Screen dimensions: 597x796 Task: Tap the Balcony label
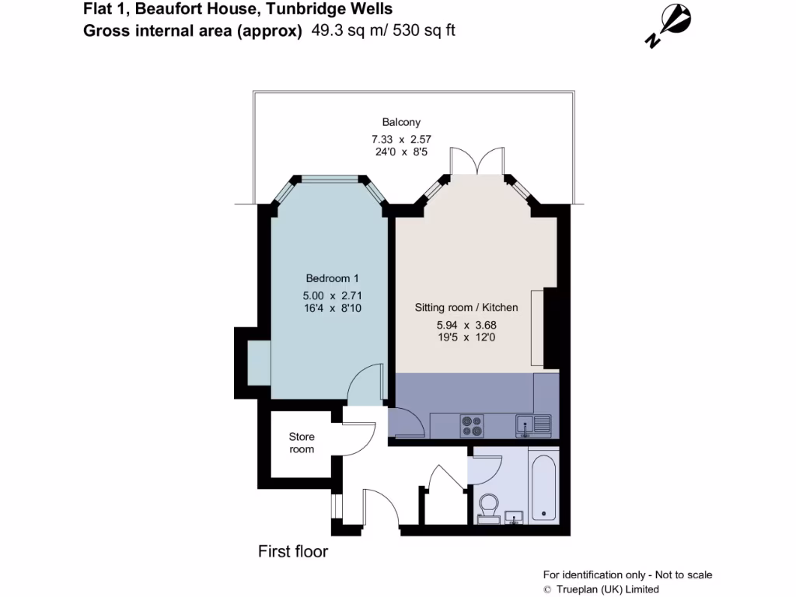401,122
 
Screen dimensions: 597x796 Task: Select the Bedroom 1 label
332,278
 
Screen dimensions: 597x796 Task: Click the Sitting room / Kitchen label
466,308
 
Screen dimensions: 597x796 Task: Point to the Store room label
302,443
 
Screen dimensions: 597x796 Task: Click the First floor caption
293,552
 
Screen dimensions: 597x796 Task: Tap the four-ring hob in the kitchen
472,425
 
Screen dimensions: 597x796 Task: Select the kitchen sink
532,424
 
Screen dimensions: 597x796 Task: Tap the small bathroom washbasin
514,518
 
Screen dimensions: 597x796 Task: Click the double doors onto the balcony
477,161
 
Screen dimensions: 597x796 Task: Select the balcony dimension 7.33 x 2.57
401,140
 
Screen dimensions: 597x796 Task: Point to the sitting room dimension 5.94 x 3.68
466,325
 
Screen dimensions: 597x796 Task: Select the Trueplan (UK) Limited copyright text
601,589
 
